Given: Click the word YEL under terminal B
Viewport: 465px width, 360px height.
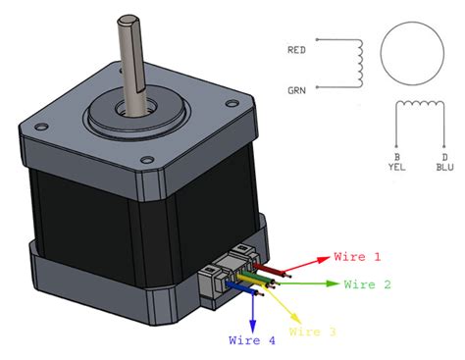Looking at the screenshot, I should tap(395, 167).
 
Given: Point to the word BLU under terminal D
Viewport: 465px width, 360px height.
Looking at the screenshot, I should tap(444, 167).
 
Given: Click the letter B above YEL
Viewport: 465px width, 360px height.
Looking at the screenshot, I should tap(395, 155).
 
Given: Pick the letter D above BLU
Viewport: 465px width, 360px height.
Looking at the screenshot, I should tap(444, 155).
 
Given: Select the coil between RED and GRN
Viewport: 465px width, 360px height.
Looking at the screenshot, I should tap(358, 64).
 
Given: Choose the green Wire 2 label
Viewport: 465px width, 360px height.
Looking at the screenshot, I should tap(369, 284).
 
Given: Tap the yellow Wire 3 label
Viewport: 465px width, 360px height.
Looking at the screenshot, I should tap(314, 334).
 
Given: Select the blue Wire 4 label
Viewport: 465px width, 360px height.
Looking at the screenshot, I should tap(252, 341).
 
